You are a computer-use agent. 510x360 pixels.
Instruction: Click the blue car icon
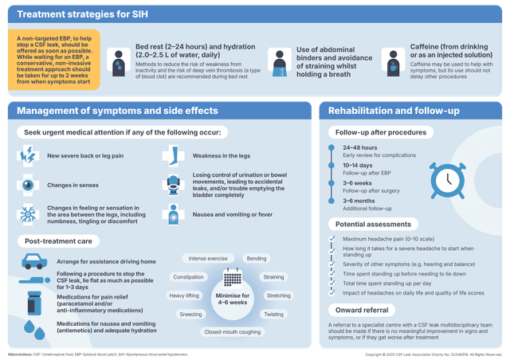pos(31,261)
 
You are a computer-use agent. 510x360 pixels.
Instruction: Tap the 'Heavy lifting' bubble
pos(184,295)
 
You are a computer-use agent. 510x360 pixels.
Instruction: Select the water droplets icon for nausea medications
pos(31,329)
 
